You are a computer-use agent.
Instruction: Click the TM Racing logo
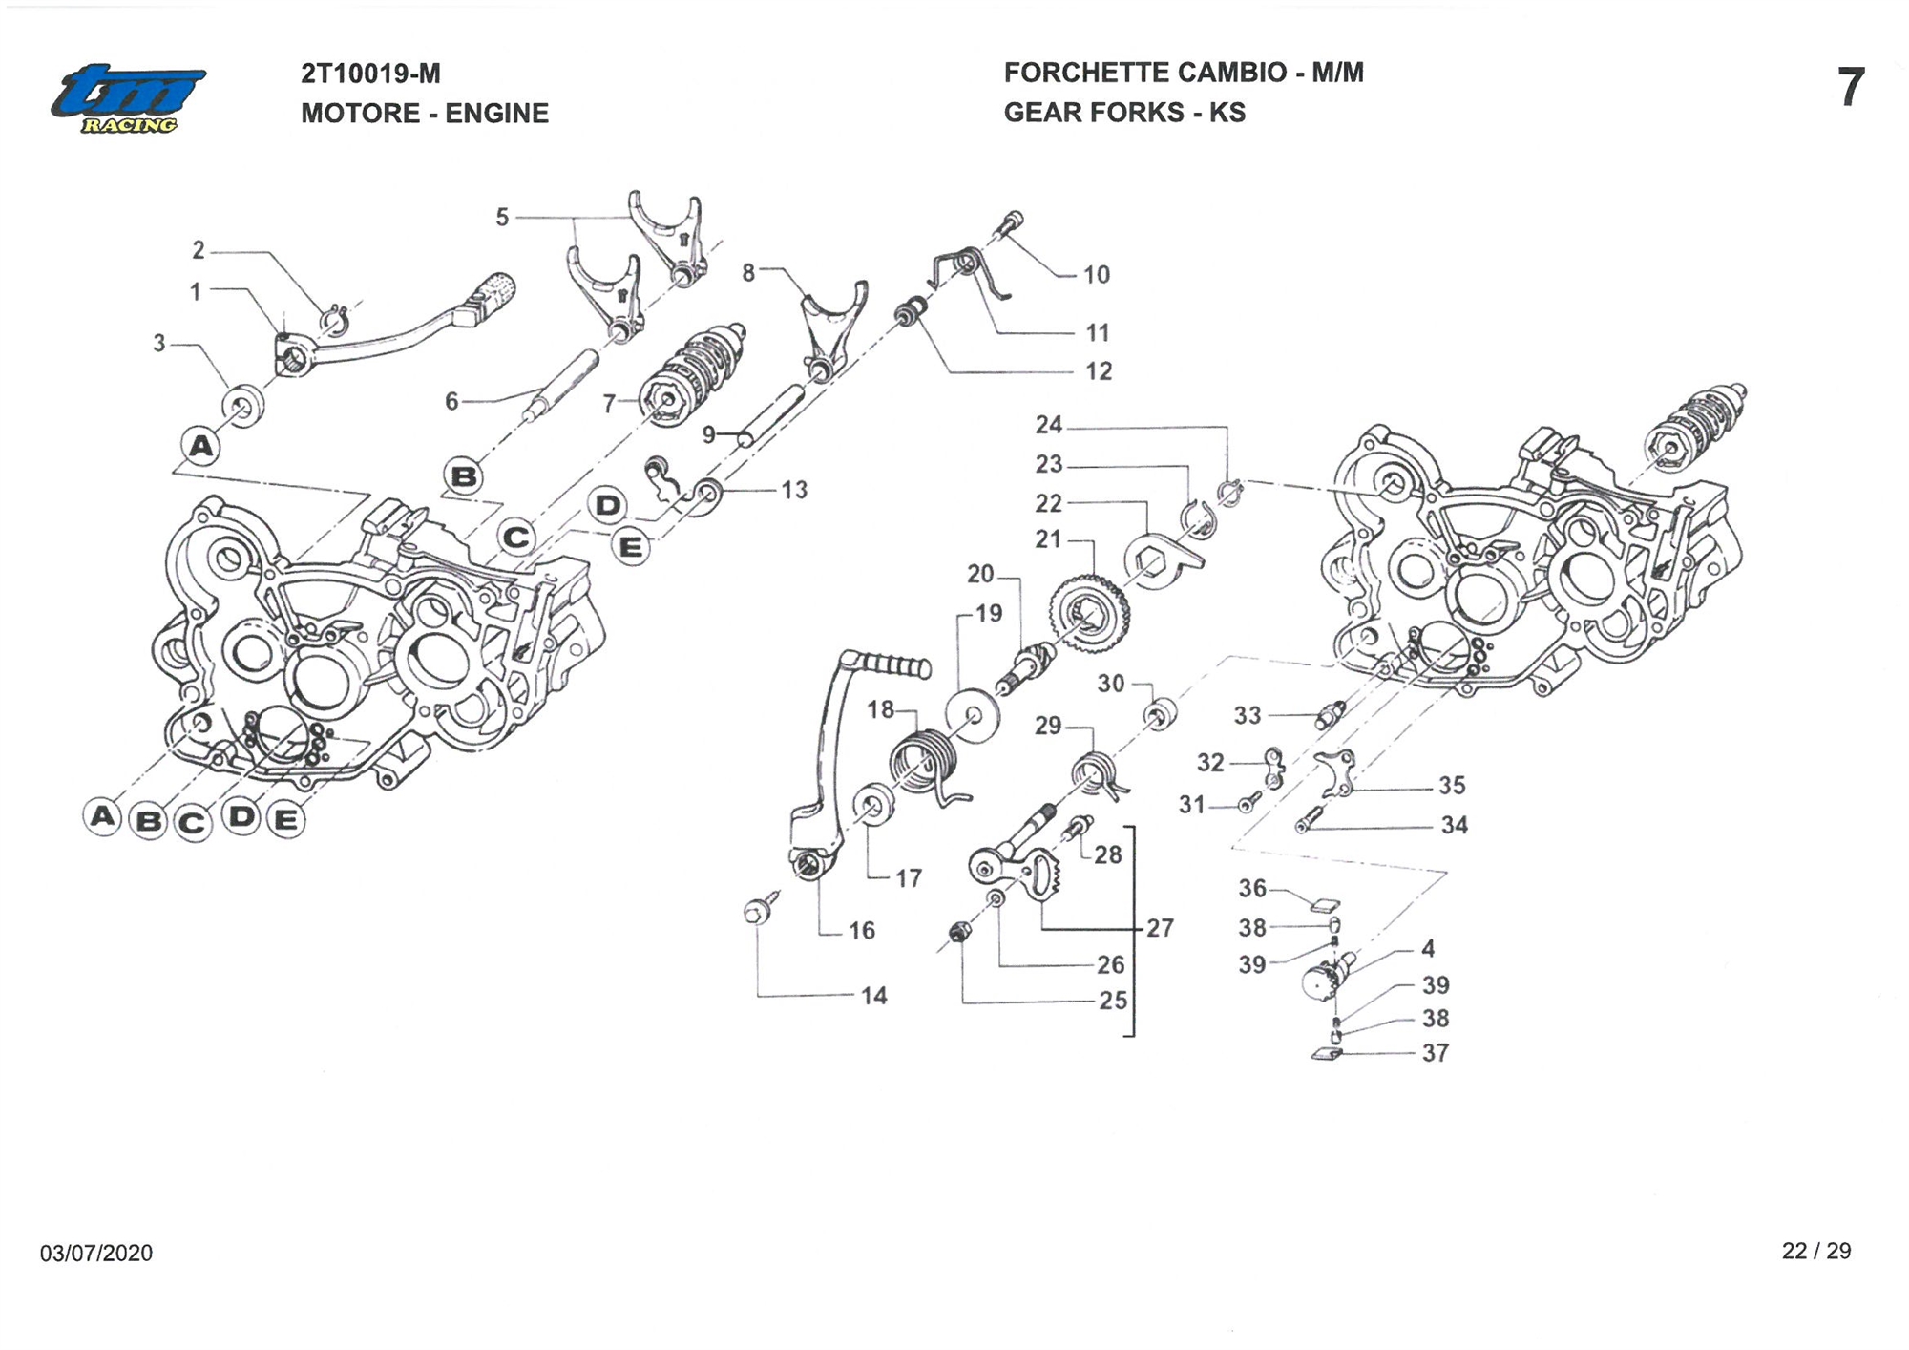[128, 99]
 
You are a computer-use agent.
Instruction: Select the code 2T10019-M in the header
[370, 74]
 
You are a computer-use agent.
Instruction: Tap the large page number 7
[1850, 88]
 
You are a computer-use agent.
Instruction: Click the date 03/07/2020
[95, 1253]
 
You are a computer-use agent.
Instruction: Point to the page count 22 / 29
[1815, 1251]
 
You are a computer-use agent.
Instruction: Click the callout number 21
[1048, 539]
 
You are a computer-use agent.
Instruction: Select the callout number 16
[861, 931]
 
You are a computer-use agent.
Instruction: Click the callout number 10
[1096, 275]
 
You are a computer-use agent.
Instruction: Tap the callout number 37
[1435, 1053]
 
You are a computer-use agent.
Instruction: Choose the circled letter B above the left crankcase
[464, 475]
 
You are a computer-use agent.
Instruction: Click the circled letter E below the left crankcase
[285, 820]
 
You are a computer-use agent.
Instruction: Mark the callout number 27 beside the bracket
[1160, 928]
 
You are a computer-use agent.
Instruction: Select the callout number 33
[1247, 715]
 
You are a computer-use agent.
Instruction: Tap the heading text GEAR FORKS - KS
[1123, 113]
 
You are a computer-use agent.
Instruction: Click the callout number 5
[502, 218]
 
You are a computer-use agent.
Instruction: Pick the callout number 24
[1048, 425]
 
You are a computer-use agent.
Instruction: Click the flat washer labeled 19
[972, 714]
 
